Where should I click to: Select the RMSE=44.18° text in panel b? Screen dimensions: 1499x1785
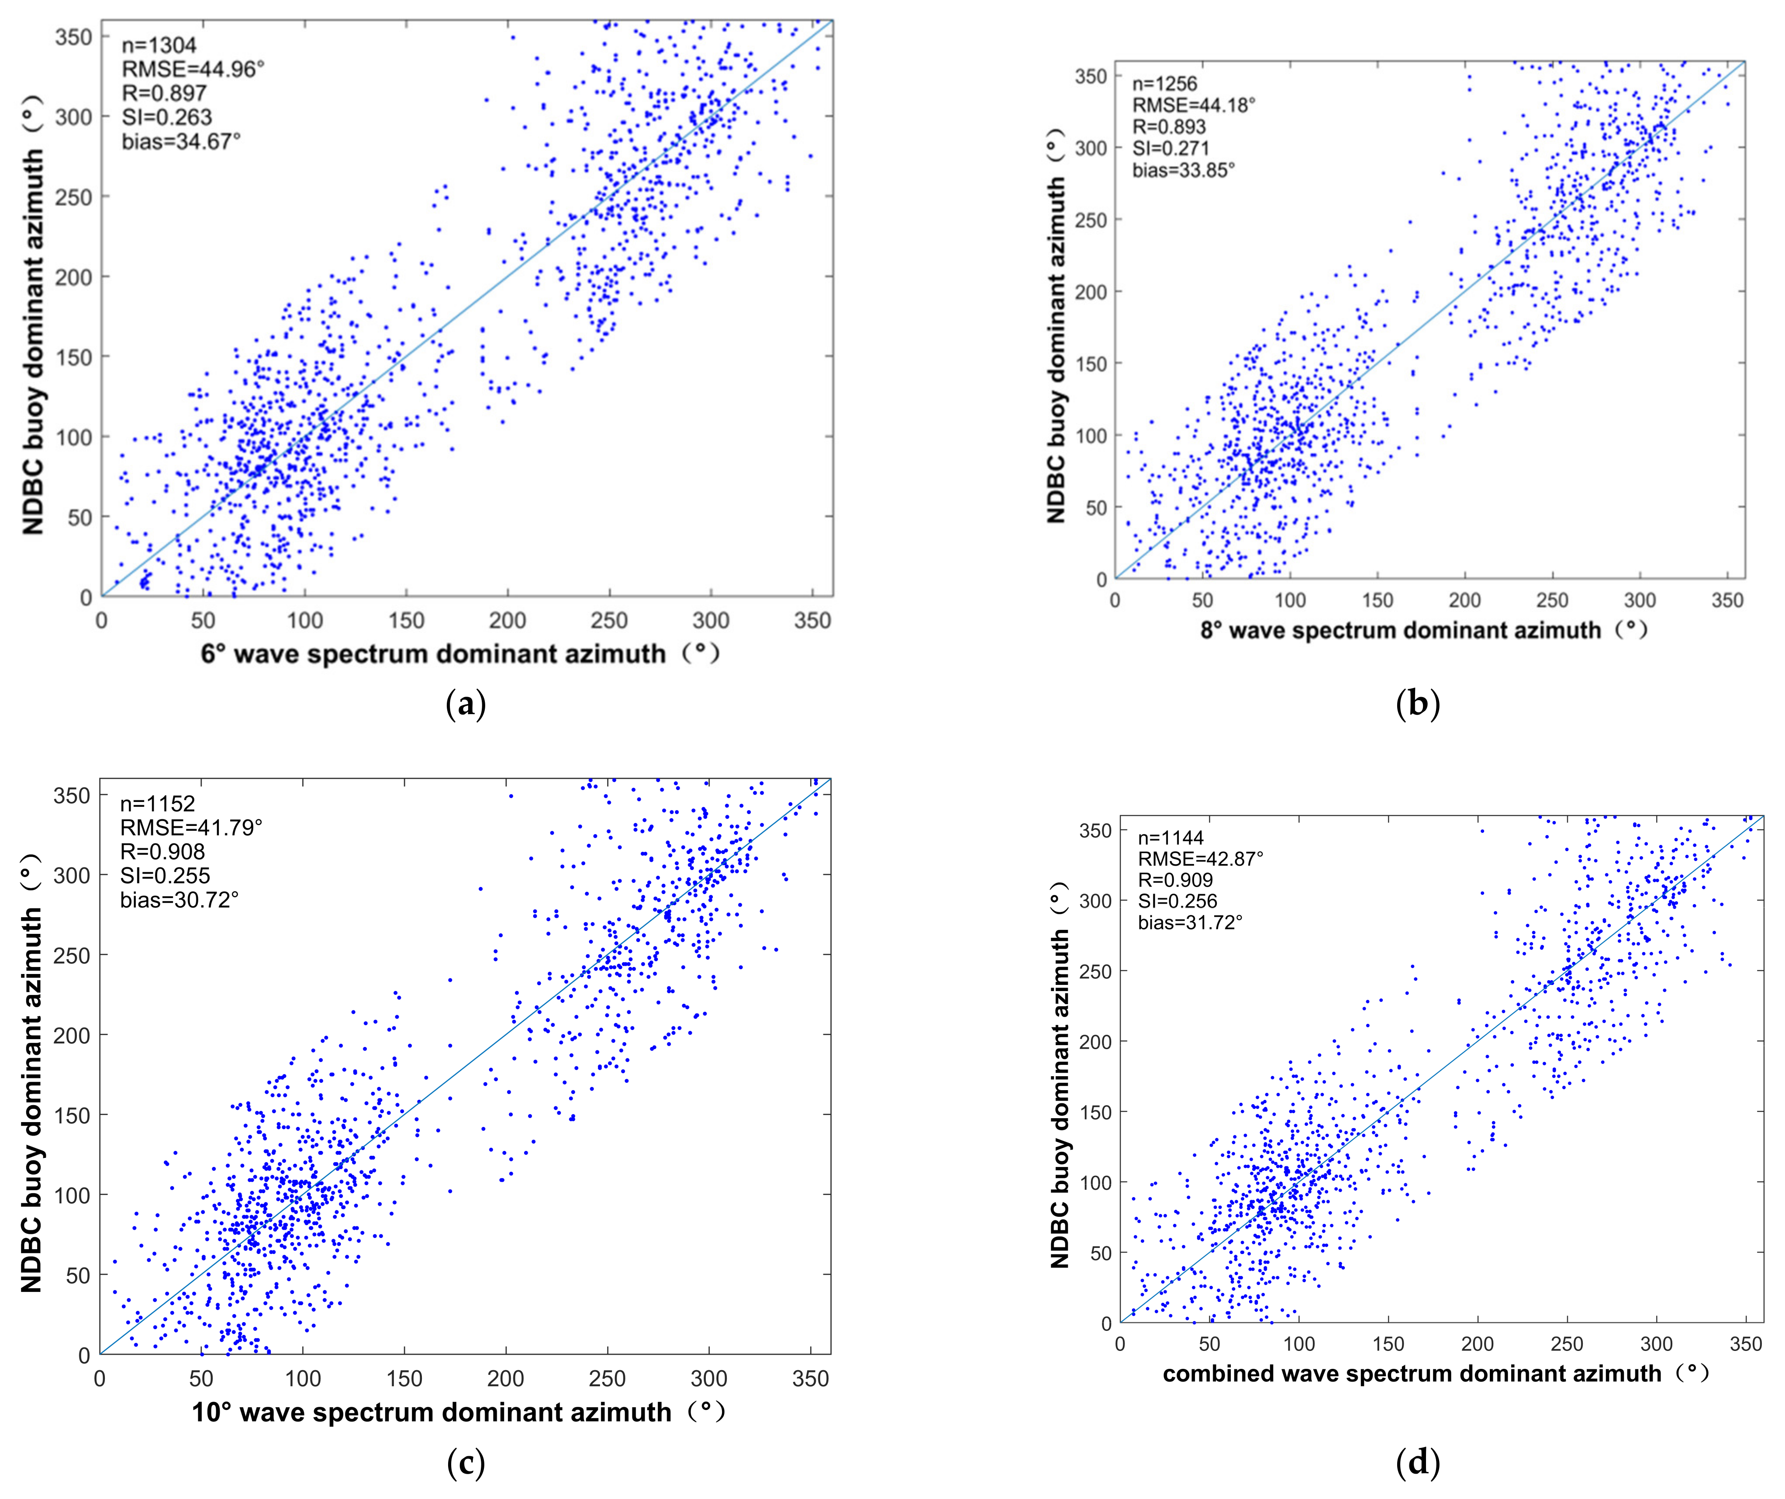point(1193,105)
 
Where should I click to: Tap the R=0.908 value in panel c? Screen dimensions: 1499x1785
point(162,851)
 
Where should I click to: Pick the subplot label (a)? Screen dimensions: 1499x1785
point(466,704)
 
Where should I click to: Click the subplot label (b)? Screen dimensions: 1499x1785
point(1418,704)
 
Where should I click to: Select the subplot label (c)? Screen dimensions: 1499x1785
point(466,1462)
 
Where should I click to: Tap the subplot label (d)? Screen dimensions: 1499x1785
point(1418,1462)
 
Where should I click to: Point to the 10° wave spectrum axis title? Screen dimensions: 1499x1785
point(457,1412)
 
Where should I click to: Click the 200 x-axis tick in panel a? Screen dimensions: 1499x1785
point(508,621)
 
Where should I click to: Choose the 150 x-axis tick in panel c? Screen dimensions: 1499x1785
point(404,1378)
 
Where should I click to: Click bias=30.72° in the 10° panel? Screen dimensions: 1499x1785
point(180,900)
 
